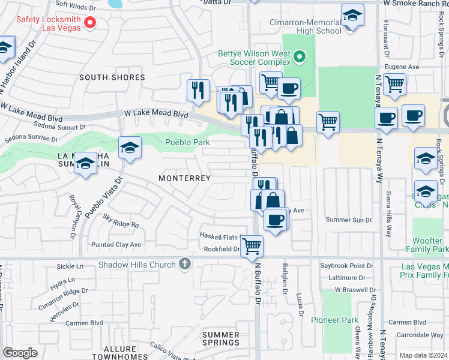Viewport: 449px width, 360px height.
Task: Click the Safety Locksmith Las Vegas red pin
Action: coord(91,23)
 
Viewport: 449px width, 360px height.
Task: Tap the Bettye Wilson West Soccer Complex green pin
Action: coord(301,58)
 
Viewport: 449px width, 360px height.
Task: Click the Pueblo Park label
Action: coord(188,142)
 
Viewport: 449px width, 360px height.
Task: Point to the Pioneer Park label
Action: coord(337,320)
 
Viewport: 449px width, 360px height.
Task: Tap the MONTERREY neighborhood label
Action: coord(184,178)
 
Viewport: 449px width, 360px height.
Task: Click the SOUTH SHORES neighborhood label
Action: coord(112,77)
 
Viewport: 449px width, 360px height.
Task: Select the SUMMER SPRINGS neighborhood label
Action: coord(221,338)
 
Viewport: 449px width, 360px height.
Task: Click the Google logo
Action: coord(20,353)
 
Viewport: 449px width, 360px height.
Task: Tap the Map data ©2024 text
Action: coord(423,355)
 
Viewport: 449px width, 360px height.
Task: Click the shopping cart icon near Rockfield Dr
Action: coord(252,245)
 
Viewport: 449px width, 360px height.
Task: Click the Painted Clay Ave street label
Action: coord(116,244)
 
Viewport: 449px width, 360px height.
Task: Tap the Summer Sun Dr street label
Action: coord(349,220)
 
